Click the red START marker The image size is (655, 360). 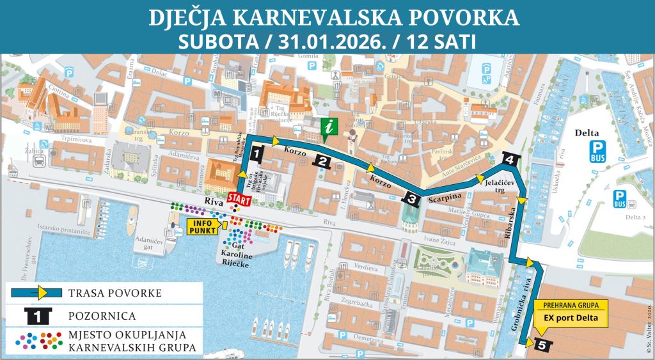[x=239, y=199]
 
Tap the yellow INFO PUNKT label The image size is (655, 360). [x=203, y=225]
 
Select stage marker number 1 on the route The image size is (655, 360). [x=256, y=153]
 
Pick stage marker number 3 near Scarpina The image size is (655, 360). [x=411, y=199]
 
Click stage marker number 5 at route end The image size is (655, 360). [x=542, y=345]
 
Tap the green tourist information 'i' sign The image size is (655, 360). [x=329, y=127]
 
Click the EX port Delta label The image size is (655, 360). [x=571, y=318]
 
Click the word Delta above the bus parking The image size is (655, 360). [x=587, y=133]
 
